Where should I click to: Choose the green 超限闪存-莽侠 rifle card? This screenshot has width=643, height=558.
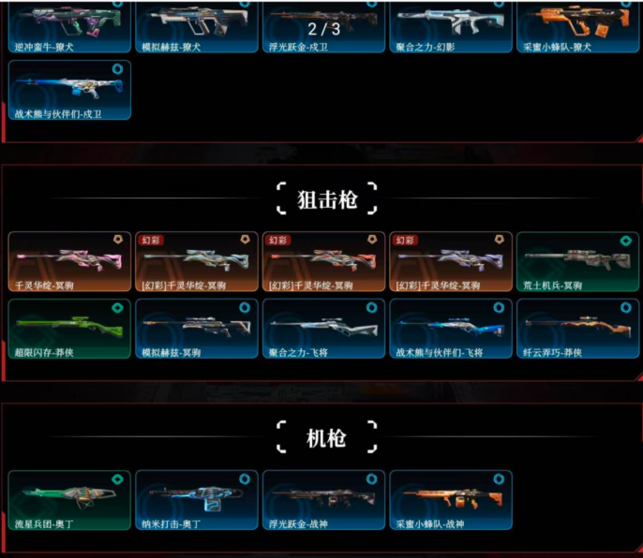69,329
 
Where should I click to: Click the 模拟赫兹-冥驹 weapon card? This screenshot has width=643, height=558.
197,329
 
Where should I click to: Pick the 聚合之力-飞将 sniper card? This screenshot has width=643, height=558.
323,329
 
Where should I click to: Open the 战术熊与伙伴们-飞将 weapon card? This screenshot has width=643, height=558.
451,329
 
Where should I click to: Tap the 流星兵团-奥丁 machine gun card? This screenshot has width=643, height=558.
69,500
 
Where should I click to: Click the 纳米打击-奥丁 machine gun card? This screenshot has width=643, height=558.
197,500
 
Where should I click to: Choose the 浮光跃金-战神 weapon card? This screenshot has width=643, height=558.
323,500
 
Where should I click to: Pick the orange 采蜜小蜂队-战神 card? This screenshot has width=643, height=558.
451,500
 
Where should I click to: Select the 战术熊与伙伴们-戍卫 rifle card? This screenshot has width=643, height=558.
69,90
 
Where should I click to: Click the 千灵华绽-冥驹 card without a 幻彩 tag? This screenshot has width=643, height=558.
69,261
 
